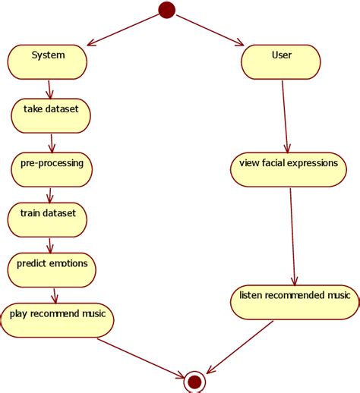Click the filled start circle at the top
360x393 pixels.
(166, 10)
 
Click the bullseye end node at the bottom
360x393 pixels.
(194, 381)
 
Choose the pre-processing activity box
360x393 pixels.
(52, 169)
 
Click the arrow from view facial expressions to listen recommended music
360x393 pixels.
(292, 235)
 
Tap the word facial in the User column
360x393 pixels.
(272, 163)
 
